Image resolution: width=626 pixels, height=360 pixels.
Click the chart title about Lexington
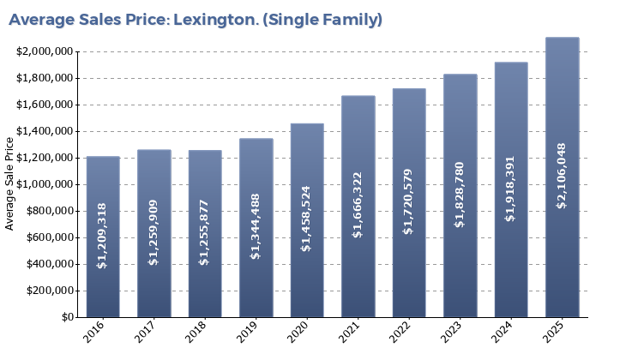point(196,20)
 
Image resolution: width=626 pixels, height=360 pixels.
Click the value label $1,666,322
point(358,203)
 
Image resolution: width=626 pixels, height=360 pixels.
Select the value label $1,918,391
point(511,189)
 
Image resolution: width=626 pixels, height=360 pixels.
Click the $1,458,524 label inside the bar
point(307,218)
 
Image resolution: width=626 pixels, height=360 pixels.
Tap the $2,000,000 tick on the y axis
point(44,51)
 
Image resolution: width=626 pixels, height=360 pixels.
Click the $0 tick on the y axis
point(67,317)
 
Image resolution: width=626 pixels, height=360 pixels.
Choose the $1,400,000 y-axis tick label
point(44,131)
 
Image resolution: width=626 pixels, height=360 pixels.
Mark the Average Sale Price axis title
point(10,183)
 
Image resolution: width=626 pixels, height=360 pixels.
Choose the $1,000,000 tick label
point(44,184)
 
